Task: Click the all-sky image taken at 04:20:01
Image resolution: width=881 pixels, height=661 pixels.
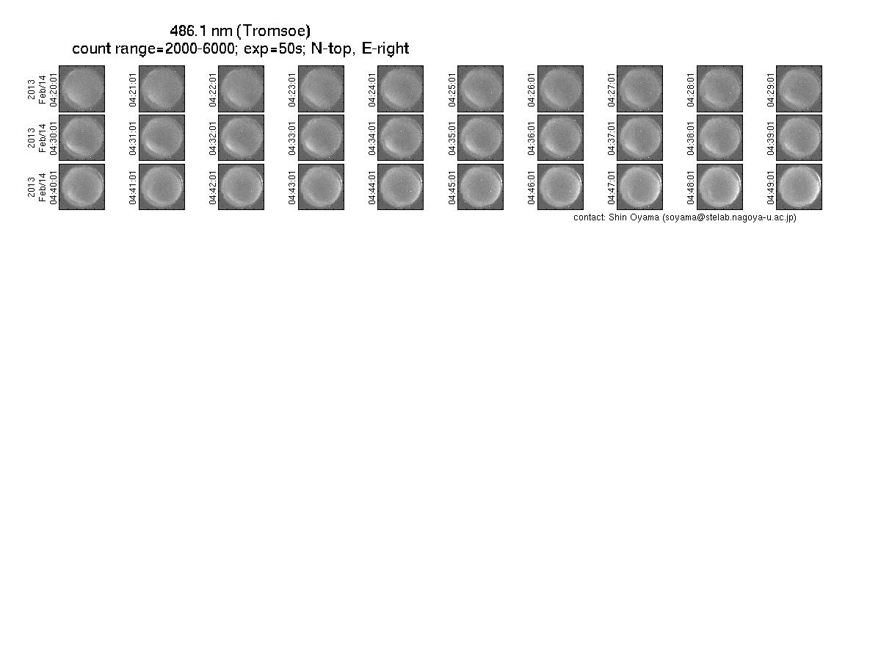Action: coord(82,89)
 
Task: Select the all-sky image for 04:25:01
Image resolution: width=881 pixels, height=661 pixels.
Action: coord(480,89)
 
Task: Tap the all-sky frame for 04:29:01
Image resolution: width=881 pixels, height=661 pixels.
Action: coord(799,89)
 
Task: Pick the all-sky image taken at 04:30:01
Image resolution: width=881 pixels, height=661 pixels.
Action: coord(82,137)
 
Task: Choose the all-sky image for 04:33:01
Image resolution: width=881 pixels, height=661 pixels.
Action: coord(321,137)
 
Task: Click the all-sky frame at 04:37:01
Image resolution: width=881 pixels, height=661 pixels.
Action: coord(639,137)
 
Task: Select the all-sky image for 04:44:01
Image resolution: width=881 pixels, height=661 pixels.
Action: coord(401,187)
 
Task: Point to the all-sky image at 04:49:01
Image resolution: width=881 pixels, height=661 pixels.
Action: coord(799,187)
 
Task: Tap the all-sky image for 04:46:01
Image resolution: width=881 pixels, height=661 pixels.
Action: coord(560,187)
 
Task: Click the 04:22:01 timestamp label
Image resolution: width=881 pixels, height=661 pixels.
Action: coord(212,90)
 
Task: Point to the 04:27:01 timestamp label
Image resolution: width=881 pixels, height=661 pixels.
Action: coord(611,90)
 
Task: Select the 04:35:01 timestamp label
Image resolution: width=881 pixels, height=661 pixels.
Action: coord(452,139)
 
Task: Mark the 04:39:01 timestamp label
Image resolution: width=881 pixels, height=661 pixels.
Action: coord(770,139)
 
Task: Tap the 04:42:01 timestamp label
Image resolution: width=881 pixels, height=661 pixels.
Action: coord(212,188)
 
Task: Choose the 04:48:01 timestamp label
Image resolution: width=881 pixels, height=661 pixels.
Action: coord(690,188)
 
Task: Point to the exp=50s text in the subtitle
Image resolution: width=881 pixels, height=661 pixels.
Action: coord(273,48)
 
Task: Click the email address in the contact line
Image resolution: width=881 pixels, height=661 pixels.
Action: coord(729,217)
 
